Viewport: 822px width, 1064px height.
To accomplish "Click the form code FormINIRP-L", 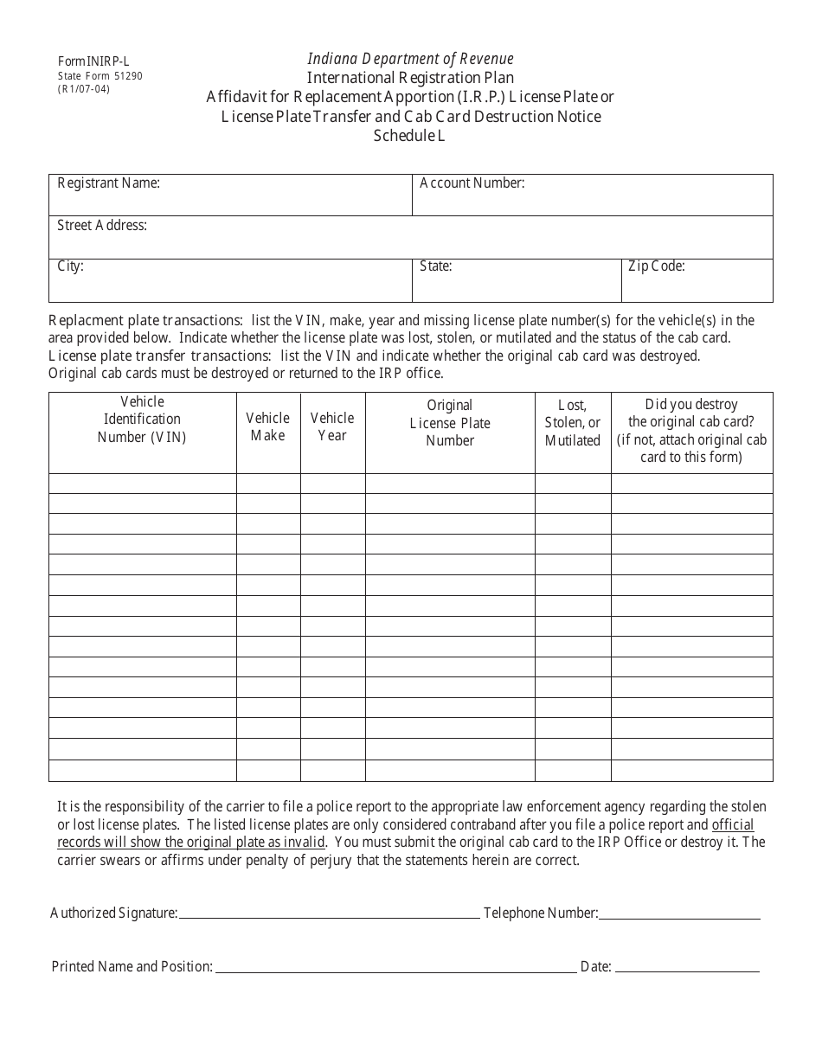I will coord(93,61).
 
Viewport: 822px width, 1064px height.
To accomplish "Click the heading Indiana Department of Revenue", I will coord(410,59).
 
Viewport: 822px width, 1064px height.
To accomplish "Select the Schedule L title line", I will coord(410,135).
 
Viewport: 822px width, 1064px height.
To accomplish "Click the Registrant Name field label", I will coord(108,183).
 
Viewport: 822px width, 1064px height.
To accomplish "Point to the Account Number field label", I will coord(472,183).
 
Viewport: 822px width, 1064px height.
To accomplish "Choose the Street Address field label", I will coord(101,226).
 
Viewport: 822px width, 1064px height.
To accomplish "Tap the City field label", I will coord(70,266).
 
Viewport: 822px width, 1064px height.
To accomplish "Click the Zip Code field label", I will coord(656,266).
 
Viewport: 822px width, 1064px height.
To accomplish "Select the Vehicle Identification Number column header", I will coord(142,420).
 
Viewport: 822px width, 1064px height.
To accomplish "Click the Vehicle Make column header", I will coord(268,426).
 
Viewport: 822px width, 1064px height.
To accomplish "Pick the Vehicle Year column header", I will coord(332,426).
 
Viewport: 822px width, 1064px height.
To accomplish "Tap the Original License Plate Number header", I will coord(450,423).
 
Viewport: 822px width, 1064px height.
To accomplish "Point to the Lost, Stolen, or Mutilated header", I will coord(573,423).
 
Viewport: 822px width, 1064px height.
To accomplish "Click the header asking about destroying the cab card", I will coord(691,430).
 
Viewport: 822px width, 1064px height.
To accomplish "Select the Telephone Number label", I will coord(541,913).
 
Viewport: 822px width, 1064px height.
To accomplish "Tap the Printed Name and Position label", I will coord(132,966).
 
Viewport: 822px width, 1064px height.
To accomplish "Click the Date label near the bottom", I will coord(596,966).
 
